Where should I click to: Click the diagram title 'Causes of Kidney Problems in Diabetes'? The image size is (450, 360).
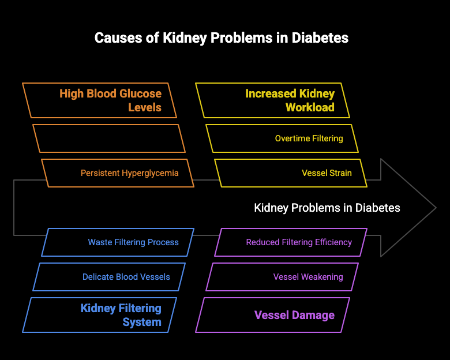click(x=222, y=38)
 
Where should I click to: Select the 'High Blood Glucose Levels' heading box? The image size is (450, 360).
click(x=99, y=100)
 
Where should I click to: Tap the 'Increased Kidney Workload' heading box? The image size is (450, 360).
click(x=272, y=100)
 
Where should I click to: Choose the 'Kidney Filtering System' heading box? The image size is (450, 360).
click(x=99, y=315)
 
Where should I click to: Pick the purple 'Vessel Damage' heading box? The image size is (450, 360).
click(x=272, y=315)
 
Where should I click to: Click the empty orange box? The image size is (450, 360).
click(x=109, y=138)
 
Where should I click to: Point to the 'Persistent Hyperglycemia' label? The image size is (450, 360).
click(x=129, y=173)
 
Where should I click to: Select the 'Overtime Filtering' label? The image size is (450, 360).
click(x=309, y=138)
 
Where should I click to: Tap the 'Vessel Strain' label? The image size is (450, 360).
click(x=327, y=173)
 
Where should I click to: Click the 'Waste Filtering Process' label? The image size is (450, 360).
click(x=133, y=242)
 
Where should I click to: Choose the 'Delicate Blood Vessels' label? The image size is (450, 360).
click(x=126, y=277)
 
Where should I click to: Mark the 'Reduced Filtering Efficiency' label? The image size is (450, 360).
click(x=299, y=242)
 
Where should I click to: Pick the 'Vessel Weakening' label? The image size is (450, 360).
click(x=308, y=277)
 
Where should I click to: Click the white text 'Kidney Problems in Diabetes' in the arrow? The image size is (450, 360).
click(x=327, y=208)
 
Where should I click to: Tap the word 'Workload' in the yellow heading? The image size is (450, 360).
click(x=310, y=107)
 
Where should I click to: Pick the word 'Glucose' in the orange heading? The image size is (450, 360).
click(x=140, y=93)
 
